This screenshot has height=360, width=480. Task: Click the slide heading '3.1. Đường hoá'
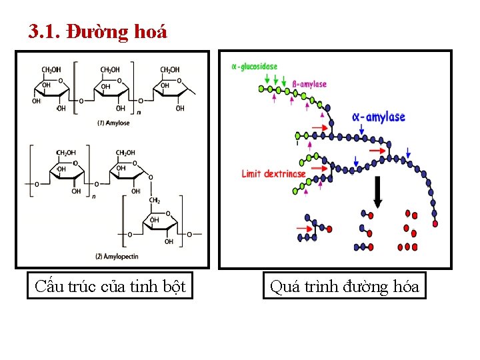coord(97,31)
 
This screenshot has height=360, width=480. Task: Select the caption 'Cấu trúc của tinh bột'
coord(110,287)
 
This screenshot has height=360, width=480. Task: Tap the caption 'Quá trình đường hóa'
coord(344,287)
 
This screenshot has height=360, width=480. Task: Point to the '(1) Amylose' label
coord(113,123)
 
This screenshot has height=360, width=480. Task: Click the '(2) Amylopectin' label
coord(117,257)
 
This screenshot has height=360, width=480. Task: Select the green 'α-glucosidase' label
coord(254,67)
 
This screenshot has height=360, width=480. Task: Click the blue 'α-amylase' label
coord(378,117)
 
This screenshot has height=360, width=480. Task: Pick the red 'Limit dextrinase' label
coord(273,174)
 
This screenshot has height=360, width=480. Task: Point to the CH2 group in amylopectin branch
coord(155,200)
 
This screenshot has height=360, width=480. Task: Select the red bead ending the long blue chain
coord(435,224)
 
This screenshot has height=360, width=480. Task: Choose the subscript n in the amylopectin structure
coord(94,197)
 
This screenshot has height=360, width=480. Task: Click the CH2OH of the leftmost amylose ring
coord(51,69)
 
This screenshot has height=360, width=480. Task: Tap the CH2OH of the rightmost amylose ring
coord(170,69)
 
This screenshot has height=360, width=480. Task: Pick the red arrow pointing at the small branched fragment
coord(307,229)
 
